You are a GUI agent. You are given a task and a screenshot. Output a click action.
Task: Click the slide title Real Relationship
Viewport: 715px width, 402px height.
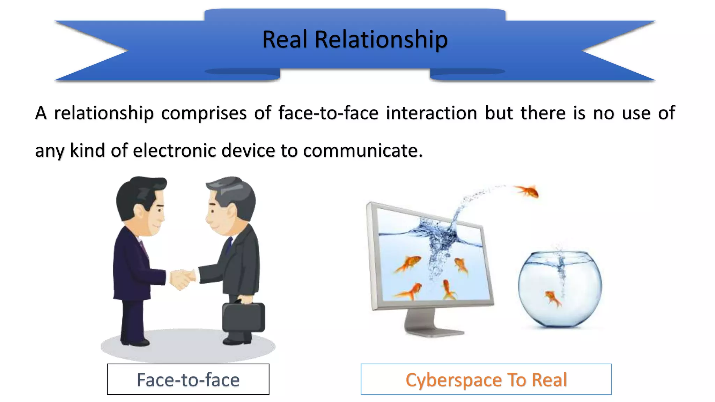[355, 39]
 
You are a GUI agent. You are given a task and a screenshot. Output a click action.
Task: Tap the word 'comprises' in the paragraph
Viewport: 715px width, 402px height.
[204, 113]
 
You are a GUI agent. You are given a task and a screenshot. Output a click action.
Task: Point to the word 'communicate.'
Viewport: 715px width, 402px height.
[363, 151]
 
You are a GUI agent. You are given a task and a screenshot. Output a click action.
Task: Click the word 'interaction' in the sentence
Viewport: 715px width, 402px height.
[431, 113]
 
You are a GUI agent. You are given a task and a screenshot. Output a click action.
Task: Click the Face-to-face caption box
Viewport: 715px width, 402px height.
[188, 379]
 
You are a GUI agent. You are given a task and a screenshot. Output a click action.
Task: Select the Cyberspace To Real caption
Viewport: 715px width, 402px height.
[486, 379]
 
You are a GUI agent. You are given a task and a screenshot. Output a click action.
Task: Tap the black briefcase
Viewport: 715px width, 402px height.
[243, 317]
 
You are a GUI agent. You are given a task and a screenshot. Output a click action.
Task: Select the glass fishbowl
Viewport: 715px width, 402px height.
[560, 290]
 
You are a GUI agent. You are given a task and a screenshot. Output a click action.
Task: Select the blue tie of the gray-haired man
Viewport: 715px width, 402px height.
[229, 244]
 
